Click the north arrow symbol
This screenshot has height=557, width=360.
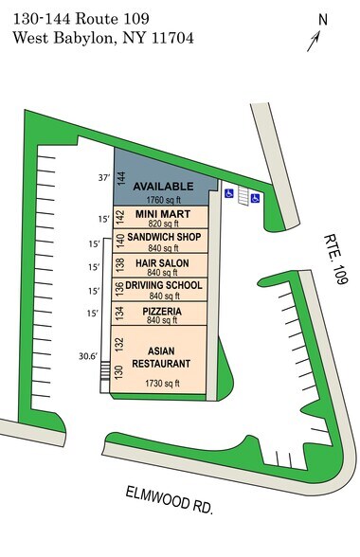click(x=315, y=41)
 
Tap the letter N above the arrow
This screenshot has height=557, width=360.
click(x=322, y=19)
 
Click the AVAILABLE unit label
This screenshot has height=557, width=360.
click(x=163, y=186)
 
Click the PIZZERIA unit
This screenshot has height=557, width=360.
click(x=163, y=312)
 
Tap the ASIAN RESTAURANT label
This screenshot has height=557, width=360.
click(x=163, y=356)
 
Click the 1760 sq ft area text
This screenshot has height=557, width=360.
click(x=163, y=201)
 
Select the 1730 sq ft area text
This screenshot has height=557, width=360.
click(x=163, y=384)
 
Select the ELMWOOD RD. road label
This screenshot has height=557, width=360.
click(x=169, y=499)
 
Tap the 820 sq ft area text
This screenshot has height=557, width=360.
click(x=163, y=225)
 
